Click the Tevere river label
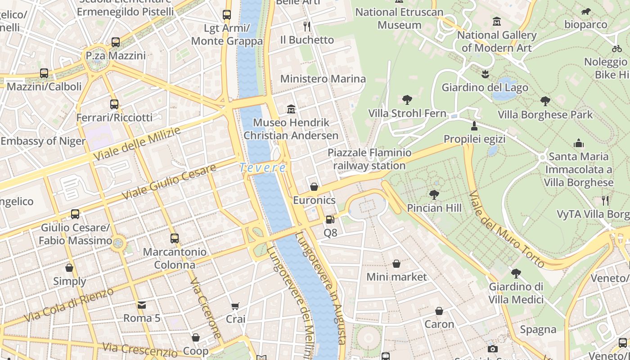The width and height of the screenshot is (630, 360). point(263,168)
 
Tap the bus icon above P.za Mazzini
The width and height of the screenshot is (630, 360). point(116,42)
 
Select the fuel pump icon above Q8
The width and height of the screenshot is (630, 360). point(330,220)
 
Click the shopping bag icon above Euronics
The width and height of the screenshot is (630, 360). point(314,187)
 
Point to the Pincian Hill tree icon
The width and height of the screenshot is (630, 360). point(434,194)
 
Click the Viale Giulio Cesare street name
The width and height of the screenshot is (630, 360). point(169,182)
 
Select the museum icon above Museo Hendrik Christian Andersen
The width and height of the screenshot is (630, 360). point(291,109)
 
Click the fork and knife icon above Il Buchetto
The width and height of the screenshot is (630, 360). point(307,26)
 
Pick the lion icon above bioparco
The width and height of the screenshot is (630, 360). point(586,12)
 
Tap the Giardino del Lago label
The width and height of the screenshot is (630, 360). point(485,87)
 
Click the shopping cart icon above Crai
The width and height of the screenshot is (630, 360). point(235,306)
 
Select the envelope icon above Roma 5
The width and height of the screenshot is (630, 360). point(142,305)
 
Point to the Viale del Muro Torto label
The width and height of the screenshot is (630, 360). point(506,229)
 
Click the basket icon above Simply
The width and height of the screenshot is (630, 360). point(69,268)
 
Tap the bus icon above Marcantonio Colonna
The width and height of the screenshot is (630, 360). point(175,238)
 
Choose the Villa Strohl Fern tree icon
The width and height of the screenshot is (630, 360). point(407,99)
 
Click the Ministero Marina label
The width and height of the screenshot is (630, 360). point(323,79)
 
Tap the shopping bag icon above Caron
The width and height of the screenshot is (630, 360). point(439,311)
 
